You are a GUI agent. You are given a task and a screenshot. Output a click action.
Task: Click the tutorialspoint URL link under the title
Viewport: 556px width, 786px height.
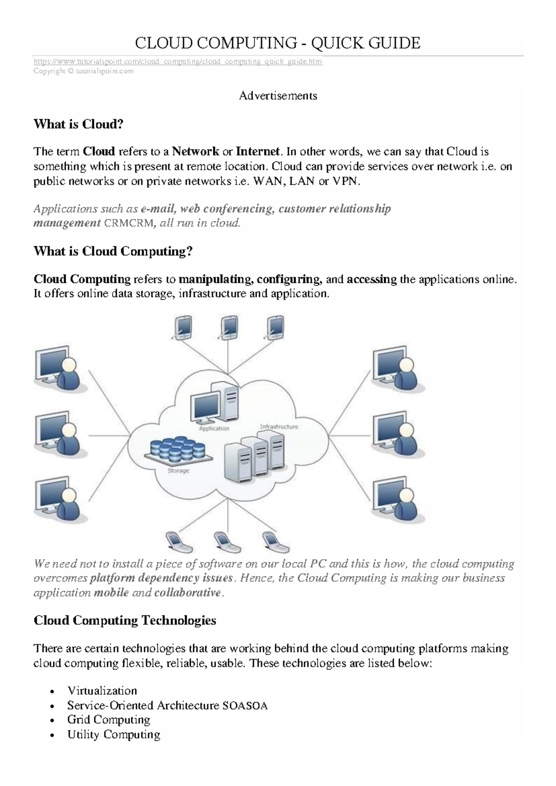click(178, 62)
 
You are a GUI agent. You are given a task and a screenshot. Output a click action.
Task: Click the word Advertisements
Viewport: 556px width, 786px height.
click(278, 96)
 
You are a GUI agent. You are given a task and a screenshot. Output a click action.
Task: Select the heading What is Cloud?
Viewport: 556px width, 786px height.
click(79, 124)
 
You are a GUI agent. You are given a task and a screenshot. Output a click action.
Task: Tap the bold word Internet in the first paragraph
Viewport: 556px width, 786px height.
click(258, 152)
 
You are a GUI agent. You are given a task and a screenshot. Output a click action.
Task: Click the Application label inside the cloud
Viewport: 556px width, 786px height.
click(214, 428)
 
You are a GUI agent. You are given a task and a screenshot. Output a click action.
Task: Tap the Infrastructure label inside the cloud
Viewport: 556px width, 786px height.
click(279, 427)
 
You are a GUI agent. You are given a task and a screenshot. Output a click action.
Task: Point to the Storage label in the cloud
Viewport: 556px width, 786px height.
click(178, 470)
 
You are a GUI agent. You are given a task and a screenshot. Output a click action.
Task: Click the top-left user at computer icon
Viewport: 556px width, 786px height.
click(60, 369)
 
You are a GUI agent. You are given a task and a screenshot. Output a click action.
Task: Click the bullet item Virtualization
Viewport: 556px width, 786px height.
click(102, 691)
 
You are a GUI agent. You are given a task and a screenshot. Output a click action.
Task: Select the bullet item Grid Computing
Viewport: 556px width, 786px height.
click(109, 720)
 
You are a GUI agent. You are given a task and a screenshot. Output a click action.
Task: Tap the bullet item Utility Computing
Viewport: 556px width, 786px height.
click(114, 735)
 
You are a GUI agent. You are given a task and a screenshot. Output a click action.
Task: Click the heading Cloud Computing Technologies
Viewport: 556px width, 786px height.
click(125, 621)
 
